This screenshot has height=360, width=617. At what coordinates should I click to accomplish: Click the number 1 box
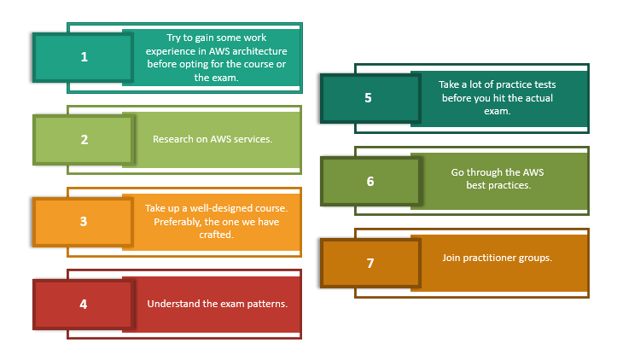84,57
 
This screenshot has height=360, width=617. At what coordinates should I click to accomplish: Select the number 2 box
84,139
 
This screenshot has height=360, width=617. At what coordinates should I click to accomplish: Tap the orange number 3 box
84,221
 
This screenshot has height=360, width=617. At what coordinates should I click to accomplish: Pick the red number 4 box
84,303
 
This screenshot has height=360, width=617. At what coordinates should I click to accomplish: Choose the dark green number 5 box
369,97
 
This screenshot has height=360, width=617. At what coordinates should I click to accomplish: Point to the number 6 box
370,181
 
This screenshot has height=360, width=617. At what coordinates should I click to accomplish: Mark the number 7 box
370,263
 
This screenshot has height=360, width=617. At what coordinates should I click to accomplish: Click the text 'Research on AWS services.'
212,139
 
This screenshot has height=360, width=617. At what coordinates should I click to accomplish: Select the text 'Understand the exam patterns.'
217,303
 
